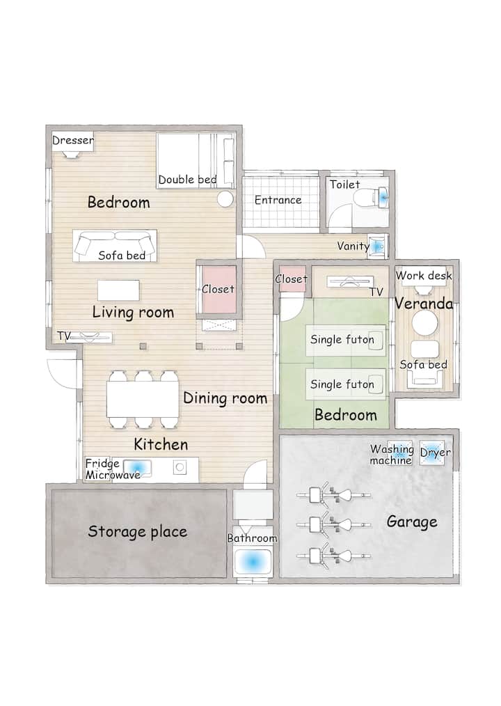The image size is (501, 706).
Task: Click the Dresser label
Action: [x=73, y=140]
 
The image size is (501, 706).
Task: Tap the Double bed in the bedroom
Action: [x=196, y=160]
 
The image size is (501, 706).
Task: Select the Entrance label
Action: [x=278, y=200]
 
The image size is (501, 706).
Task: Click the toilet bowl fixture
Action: [x=372, y=197]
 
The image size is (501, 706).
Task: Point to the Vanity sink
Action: [x=379, y=246]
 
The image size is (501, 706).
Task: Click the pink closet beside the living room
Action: [x=218, y=290]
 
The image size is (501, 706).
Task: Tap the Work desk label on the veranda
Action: [x=424, y=276]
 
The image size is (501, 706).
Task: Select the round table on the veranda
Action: [x=425, y=323]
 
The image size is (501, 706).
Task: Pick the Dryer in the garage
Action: [x=432, y=453]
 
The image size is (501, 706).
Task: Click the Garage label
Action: [x=412, y=522]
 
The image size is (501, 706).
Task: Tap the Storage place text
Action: [x=137, y=532]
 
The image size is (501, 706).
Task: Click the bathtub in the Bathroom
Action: [x=253, y=561]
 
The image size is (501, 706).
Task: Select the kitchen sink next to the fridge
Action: [x=137, y=468]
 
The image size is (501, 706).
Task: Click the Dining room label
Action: [x=225, y=398]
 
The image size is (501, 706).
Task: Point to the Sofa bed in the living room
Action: [x=115, y=246]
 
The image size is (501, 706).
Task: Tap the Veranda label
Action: [x=424, y=304]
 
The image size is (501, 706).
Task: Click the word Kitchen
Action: [x=161, y=445]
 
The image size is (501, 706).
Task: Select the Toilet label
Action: [x=344, y=185]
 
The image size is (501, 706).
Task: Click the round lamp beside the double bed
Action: [x=225, y=198]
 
